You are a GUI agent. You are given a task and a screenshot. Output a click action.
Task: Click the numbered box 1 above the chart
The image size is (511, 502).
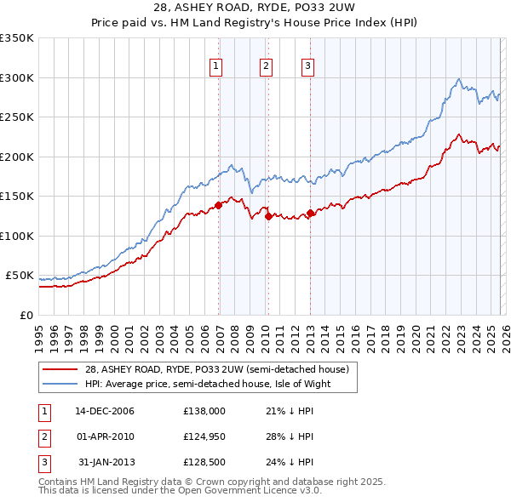click(215, 66)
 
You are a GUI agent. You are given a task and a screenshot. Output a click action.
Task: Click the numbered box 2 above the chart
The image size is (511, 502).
click(266, 66)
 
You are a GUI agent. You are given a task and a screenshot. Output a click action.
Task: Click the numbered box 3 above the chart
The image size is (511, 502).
click(307, 66)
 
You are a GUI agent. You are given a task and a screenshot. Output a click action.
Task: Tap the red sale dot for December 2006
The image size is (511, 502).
click(219, 205)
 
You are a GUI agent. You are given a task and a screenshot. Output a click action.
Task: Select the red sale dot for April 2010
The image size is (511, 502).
click(268, 216)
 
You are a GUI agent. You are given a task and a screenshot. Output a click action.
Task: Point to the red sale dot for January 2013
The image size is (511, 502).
click(311, 213)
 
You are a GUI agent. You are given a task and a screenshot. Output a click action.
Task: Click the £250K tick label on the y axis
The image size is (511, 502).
click(17, 117)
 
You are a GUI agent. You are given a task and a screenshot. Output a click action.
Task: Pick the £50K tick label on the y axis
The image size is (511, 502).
click(20, 276)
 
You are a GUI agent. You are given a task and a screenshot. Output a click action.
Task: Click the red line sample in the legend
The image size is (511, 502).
click(60, 370)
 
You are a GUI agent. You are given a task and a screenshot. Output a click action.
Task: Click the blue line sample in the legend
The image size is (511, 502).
click(60, 385)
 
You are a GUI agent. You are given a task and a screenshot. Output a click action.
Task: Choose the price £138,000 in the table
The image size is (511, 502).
click(204, 411)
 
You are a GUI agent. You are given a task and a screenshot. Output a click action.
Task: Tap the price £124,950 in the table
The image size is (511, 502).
click(204, 436)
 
